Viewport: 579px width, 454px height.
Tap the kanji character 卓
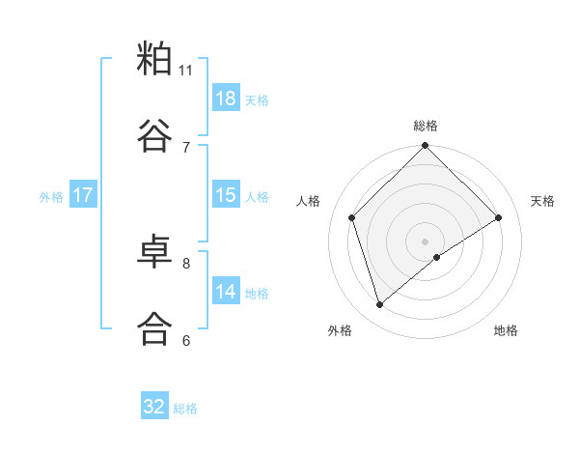click(154, 251)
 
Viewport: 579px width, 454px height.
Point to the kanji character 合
click(154, 326)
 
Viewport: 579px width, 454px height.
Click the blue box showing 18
click(225, 99)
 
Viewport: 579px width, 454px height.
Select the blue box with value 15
click(225, 195)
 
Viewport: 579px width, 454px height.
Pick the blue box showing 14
click(225, 292)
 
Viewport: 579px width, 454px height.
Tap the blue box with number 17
click(82, 195)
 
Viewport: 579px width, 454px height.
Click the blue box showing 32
click(154, 407)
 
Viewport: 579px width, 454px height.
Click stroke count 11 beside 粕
click(186, 71)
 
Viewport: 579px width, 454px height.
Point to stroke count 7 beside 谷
click(186, 147)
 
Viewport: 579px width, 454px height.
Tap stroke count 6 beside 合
click(186, 340)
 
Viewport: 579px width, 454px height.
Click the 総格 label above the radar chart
click(426, 126)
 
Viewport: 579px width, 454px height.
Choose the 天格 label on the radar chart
click(543, 201)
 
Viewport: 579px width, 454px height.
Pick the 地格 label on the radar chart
click(506, 330)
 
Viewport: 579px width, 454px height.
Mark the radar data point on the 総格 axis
click(426, 147)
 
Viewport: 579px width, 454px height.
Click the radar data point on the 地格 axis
click(437, 257)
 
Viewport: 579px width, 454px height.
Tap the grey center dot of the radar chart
click(426, 241)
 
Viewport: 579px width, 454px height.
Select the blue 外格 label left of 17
click(51, 196)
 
